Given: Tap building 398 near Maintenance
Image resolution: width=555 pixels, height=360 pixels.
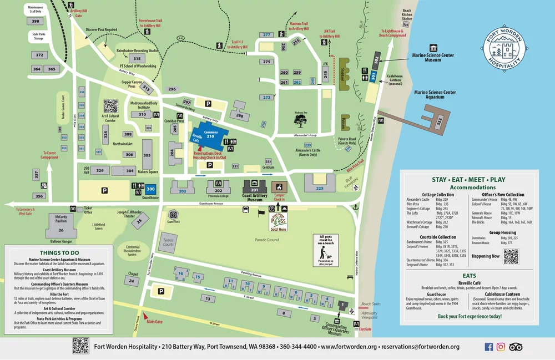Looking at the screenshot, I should (x=36, y=21).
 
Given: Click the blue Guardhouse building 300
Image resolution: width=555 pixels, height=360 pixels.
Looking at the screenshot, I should (x=150, y=189).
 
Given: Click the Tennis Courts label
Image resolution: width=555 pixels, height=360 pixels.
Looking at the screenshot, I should (x=168, y=241).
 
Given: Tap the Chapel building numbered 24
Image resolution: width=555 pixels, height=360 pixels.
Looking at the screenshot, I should (x=132, y=281).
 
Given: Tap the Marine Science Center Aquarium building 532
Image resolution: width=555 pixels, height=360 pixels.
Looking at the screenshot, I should (x=438, y=120).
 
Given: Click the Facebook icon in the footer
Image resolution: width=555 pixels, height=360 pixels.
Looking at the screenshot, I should (x=489, y=347).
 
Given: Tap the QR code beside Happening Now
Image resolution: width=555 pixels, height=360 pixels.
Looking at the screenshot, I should (x=511, y=256).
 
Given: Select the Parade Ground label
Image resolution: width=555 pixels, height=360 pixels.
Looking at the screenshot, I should (x=268, y=240).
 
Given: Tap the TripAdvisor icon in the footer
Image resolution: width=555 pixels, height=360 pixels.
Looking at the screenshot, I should (x=516, y=347).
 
